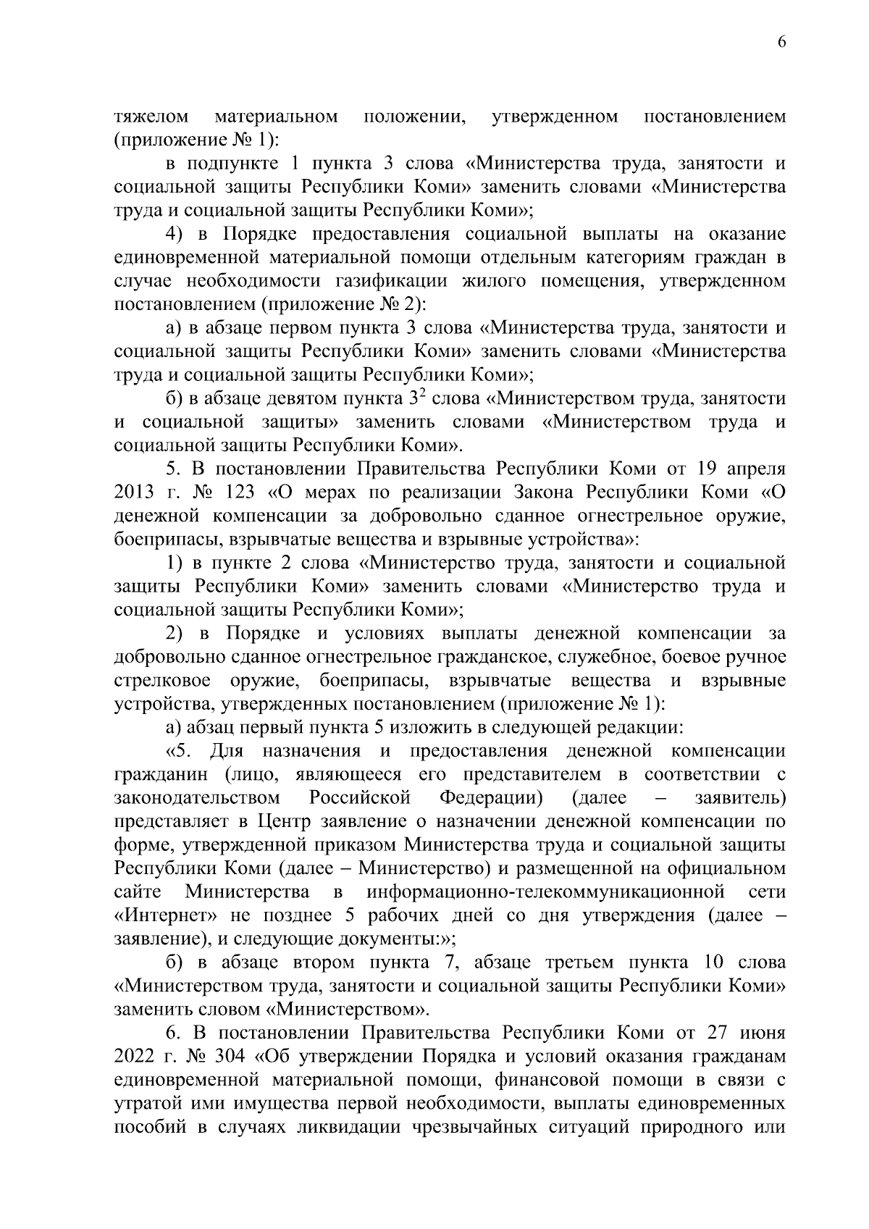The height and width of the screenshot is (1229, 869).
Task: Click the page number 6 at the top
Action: pos(781,42)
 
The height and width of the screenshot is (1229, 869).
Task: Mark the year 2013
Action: pos(134,492)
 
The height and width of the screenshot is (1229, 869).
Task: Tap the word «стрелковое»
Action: pos(163,681)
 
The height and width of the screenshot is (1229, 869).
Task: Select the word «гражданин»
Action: pos(161,774)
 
